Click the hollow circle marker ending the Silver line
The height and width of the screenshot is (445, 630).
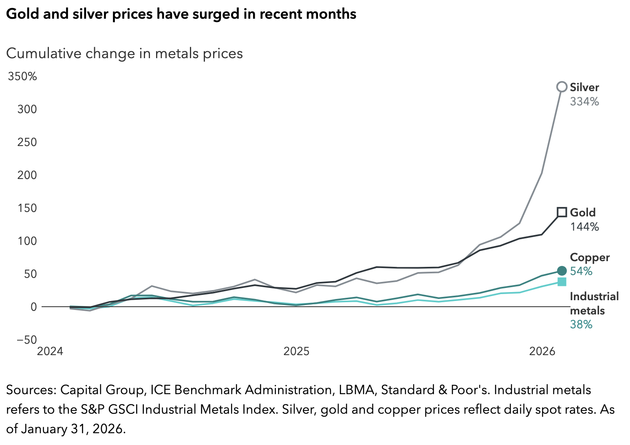pos(562,87)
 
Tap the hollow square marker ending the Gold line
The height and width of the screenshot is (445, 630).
pos(562,212)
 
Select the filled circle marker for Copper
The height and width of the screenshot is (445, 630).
pos(562,270)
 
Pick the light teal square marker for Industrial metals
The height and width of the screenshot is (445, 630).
pos(562,281)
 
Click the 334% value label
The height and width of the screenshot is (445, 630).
pos(584,101)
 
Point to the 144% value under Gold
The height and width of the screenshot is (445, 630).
pos(584,227)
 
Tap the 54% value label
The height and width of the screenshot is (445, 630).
pos(581,271)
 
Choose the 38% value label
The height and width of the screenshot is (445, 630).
pos(581,324)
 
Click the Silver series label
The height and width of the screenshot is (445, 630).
pos(584,87)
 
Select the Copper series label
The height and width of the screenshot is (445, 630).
pos(590,257)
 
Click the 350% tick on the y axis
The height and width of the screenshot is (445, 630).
pos(22,76)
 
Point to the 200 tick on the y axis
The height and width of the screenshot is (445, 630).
pos(27,175)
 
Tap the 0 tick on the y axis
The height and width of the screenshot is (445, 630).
pos(34,307)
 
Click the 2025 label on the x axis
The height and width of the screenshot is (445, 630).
pos(297,351)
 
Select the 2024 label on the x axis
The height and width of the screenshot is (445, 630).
pos(50,351)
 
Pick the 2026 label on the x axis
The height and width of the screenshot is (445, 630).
pos(542,351)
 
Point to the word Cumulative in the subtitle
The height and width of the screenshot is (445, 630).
pos(44,53)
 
